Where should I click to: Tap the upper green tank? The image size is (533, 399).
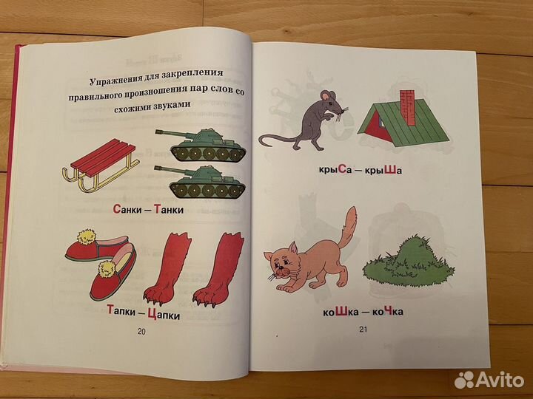coord(202,143)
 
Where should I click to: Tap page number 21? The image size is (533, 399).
coord(363,330)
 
